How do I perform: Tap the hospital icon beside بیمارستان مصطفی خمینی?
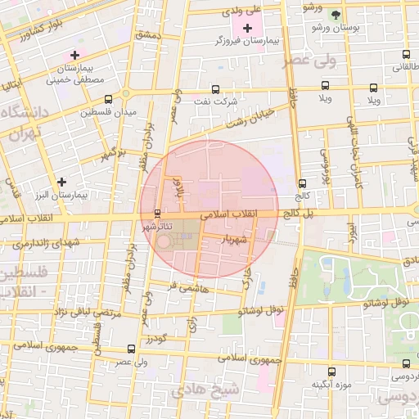[x=74, y=55]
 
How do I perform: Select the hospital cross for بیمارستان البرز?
[x=61, y=181]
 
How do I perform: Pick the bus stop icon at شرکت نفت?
[x=215, y=89]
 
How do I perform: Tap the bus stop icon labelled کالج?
[x=302, y=183]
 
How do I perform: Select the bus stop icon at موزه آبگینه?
[x=331, y=372]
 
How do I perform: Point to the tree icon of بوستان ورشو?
[x=334, y=16]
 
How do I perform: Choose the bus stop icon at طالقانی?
[x=407, y=55]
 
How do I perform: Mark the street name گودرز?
[x=155, y=338]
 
